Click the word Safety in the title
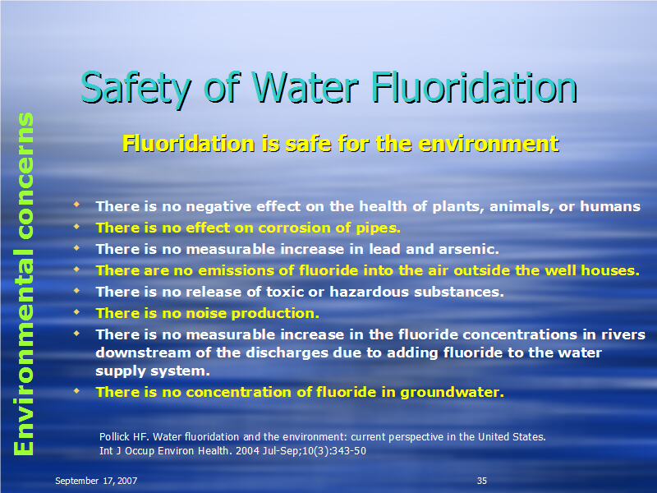[x=136, y=88]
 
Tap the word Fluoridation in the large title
[x=475, y=88]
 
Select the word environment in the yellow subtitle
[x=489, y=144]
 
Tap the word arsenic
[x=469, y=250]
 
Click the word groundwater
[x=453, y=393]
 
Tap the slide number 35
[x=482, y=481]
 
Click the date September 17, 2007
[x=96, y=481]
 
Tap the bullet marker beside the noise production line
[x=76, y=311]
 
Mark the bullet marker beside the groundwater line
[x=76, y=391]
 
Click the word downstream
[x=143, y=353]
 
